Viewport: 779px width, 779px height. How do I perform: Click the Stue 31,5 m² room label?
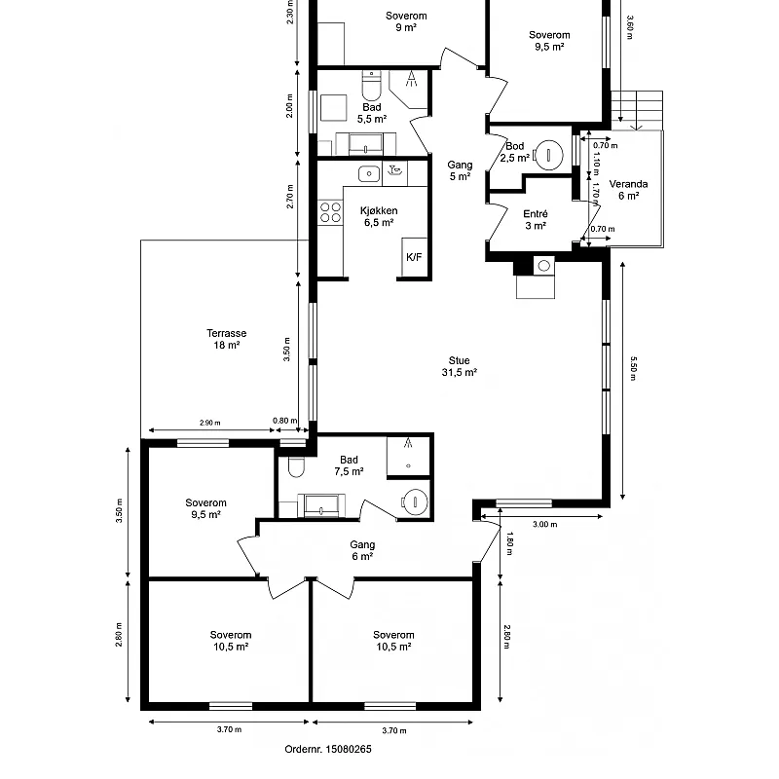[x=459, y=366]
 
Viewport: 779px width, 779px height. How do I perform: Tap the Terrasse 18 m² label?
[x=227, y=339]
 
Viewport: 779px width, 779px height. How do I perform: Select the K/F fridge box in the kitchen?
[x=415, y=256]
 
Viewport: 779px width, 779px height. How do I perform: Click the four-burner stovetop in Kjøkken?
[x=330, y=212]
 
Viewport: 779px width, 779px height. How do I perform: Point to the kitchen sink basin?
[x=369, y=174]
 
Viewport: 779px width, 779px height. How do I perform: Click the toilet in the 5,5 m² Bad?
[x=371, y=86]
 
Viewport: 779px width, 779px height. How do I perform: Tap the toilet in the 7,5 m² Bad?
[x=296, y=467]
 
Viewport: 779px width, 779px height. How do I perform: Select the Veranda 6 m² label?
[x=628, y=190]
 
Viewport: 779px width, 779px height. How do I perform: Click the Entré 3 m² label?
[x=536, y=220]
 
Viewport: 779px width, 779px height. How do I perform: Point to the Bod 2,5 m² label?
[x=515, y=152]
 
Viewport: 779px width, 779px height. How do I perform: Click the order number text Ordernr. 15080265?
[x=328, y=749]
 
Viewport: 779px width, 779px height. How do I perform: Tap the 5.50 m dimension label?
[x=633, y=368]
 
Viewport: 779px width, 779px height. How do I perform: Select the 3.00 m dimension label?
[x=545, y=524]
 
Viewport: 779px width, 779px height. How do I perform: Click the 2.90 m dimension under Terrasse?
[x=210, y=423]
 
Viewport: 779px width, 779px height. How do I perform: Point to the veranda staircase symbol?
[x=637, y=110]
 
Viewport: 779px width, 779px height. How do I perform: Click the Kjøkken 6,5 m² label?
[x=379, y=216]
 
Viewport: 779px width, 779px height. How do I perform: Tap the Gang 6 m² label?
[x=362, y=550]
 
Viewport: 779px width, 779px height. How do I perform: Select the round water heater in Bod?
[x=548, y=156]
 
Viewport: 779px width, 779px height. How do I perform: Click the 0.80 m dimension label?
[x=284, y=421]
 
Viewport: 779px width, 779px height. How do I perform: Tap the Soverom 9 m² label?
[x=406, y=21]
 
